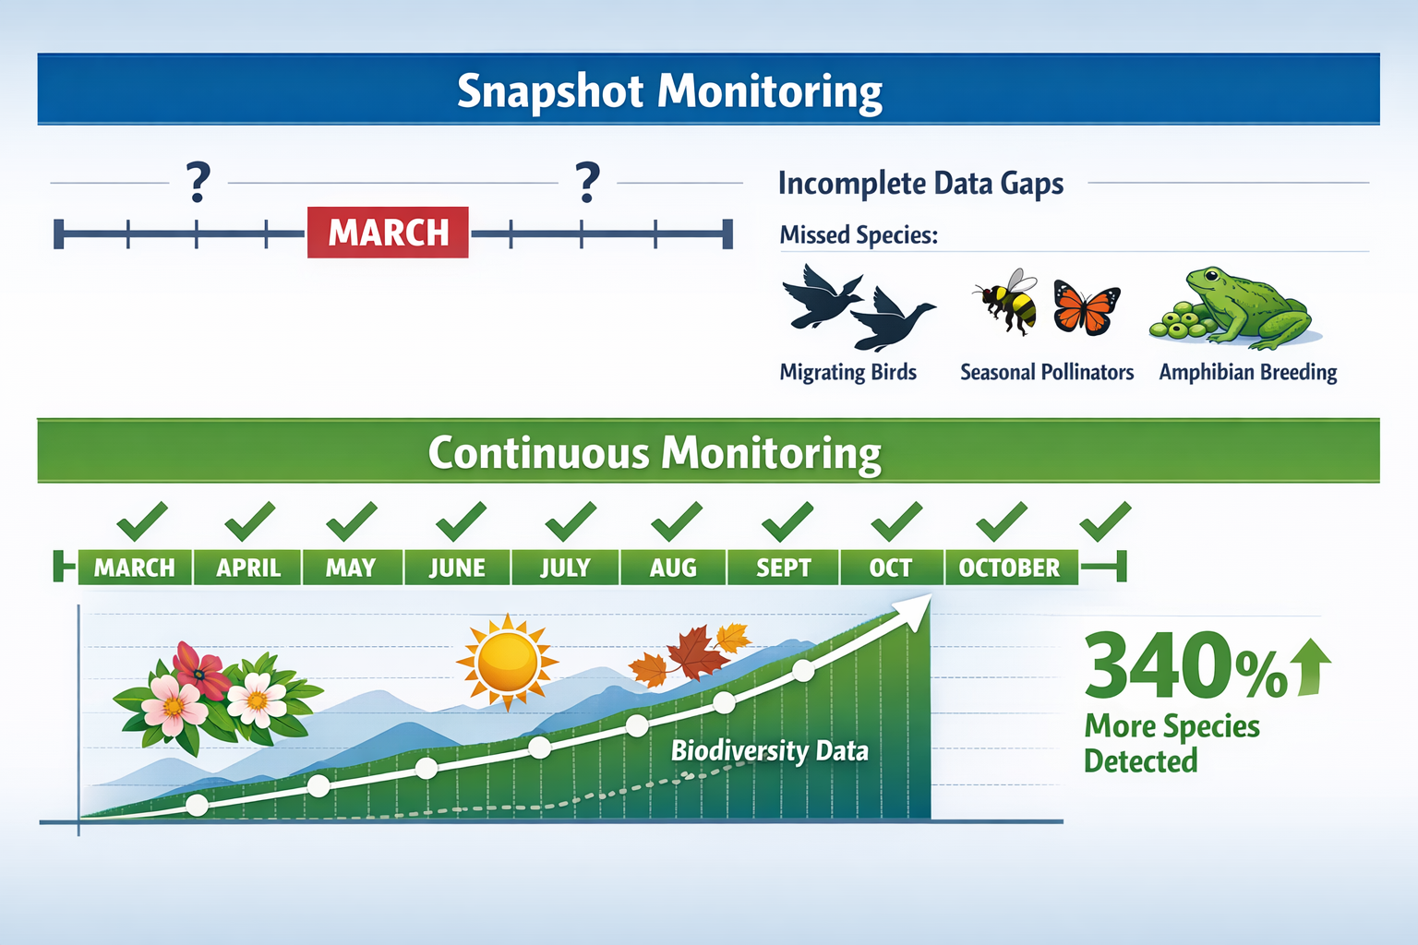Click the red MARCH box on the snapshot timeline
pos(388,233)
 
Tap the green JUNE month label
pos(457,568)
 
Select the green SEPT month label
pos(783,568)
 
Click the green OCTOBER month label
pos(1009,568)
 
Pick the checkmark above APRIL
pos(249,521)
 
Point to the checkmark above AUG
pos(676,521)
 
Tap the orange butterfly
pos(1087,307)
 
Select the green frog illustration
pos(1246,306)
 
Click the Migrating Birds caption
pos(847,372)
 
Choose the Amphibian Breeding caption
pos(1247,372)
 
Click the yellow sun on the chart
pos(507,662)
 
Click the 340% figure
pos(1184,666)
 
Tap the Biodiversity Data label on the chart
pos(769,750)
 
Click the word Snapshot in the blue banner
pos(550,91)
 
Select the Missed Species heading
pos(859,235)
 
